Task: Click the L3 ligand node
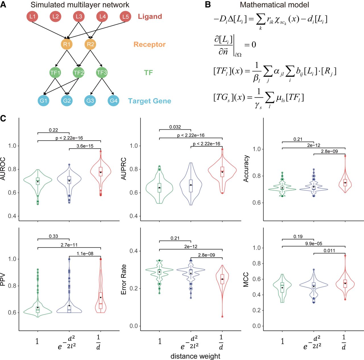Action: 79,17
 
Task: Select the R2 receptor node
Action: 90,44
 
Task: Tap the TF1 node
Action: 55,72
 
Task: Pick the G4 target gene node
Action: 113,100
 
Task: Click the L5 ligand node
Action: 125,17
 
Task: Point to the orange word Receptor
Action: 149,44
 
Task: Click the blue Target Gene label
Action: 150,101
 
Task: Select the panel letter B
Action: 208,5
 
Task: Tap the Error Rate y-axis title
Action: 123,279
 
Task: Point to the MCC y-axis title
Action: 246,279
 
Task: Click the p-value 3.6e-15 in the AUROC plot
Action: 85,146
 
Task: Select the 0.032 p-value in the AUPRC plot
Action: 175,127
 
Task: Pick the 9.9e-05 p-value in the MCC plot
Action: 314,244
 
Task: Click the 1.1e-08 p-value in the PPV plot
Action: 85,253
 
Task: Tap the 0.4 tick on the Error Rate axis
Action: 134,251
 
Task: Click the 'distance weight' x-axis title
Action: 195,356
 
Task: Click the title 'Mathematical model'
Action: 274,5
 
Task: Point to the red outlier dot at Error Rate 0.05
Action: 222,316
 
